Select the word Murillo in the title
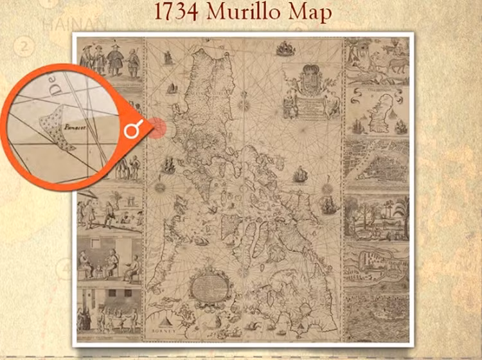pyautogui.click(x=253, y=13)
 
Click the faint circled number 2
pyautogui.click(x=26, y=46)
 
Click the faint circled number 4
pyautogui.click(x=63, y=269)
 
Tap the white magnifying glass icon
pyautogui.click(x=132, y=131)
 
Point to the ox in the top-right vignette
pyautogui.click(x=396, y=64)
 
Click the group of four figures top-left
pyautogui.click(x=109, y=61)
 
